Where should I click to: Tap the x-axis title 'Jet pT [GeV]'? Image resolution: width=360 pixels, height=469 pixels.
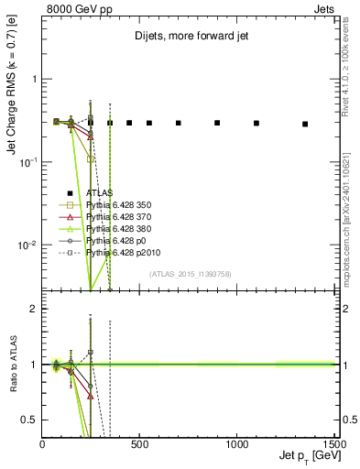point(304,457)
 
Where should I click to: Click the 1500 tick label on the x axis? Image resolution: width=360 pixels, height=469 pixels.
point(335,444)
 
